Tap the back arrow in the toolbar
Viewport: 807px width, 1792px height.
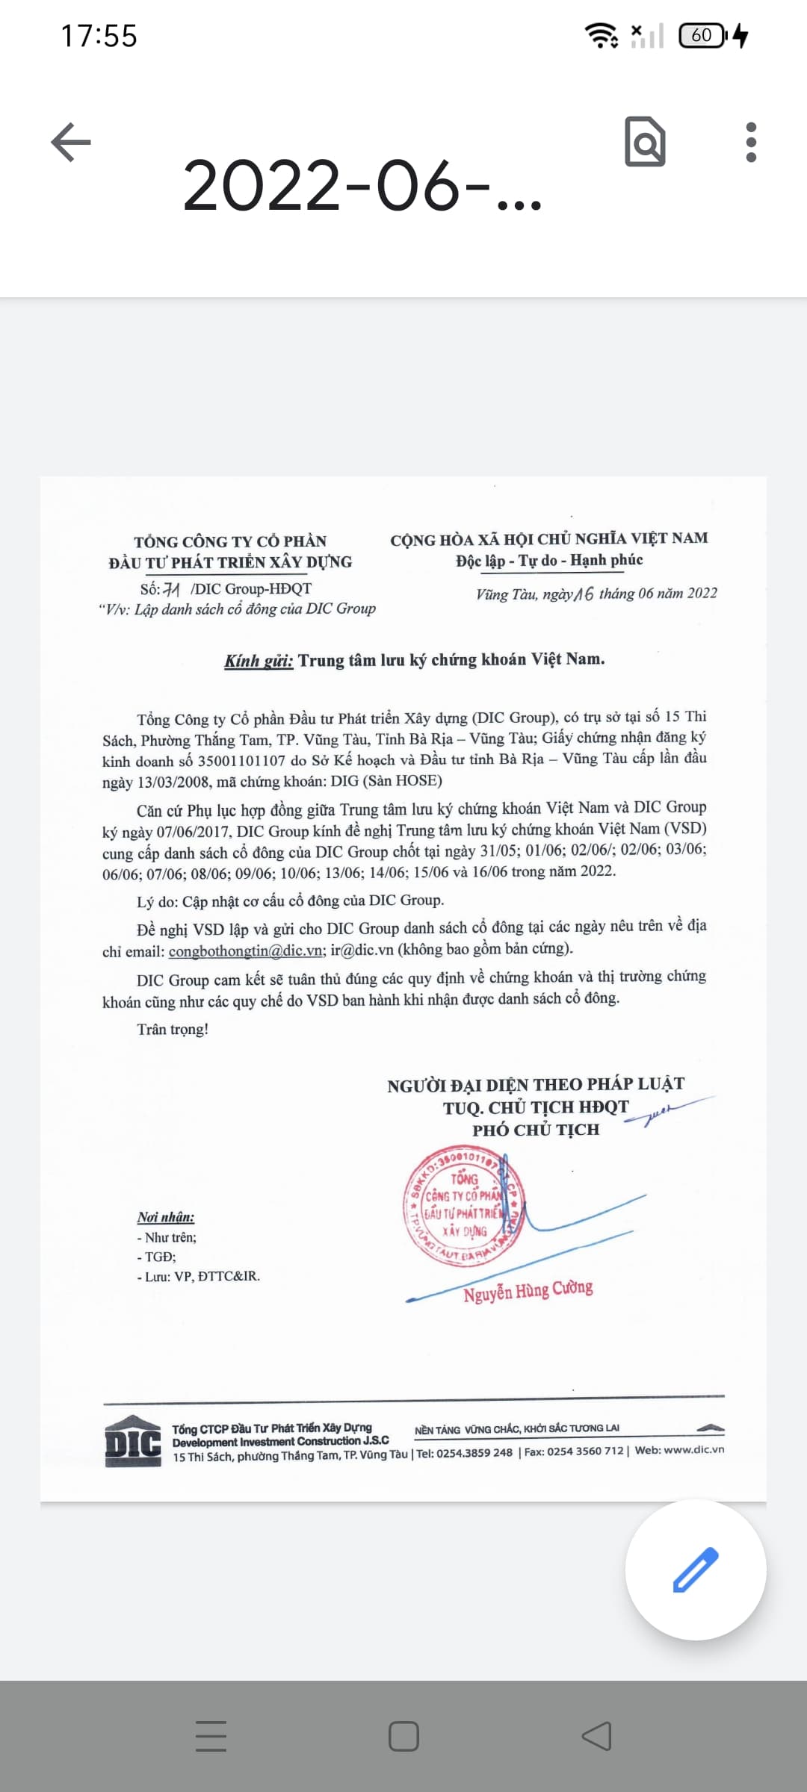pos(71,142)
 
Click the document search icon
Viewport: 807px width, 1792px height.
pos(645,141)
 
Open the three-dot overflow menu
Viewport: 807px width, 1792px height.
pos(751,142)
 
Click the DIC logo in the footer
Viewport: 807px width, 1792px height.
pos(133,1442)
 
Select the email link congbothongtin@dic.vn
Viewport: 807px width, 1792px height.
pos(246,951)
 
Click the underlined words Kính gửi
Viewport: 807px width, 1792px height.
pos(259,661)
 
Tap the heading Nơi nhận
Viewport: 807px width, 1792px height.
pos(165,1217)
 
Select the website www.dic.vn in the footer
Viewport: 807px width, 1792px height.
pos(693,1449)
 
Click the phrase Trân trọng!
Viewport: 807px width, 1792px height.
pos(173,1030)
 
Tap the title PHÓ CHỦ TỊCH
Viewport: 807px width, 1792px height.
pos(535,1130)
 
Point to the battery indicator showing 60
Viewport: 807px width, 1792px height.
pos(702,35)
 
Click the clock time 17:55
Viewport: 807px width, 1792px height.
pos(99,36)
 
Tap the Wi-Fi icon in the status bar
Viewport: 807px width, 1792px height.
pos(601,35)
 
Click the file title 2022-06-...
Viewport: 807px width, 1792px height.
pos(362,186)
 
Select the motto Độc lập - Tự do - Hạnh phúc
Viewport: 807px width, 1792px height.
pos(549,560)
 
